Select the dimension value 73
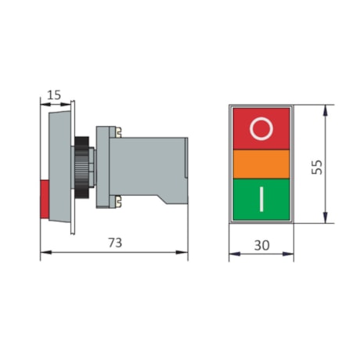(x=114, y=243)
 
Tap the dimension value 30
(x=261, y=245)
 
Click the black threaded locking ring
(x=81, y=164)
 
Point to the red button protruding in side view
(x=44, y=198)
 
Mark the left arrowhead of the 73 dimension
(x=42, y=252)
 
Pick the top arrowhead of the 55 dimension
(x=325, y=108)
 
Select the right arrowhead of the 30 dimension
(x=291, y=255)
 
